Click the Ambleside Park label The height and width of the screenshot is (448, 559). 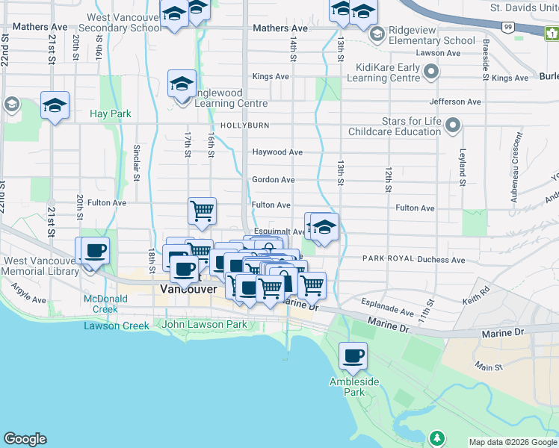tap(348, 386)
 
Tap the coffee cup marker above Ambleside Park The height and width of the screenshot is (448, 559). tap(353, 357)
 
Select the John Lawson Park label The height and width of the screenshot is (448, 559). tap(204, 325)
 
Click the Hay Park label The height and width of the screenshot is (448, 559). tap(110, 113)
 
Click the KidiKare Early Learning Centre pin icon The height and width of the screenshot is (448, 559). tap(430, 72)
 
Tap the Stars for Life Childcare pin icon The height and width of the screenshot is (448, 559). tap(452, 126)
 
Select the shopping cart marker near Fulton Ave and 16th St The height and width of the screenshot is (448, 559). tap(202, 211)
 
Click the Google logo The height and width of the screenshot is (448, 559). tap(25, 439)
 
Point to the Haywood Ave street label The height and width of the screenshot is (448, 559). tap(277, 152)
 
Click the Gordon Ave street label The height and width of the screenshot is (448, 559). tap(274, 180)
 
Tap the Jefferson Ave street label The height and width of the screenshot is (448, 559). tap(455, 102)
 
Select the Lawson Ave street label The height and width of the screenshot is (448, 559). tap(438, 53)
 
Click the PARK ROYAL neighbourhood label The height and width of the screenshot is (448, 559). tap(389, 258)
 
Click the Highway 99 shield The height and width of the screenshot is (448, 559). tap(508, 27)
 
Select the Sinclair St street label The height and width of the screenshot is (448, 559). tap(137, 164)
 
